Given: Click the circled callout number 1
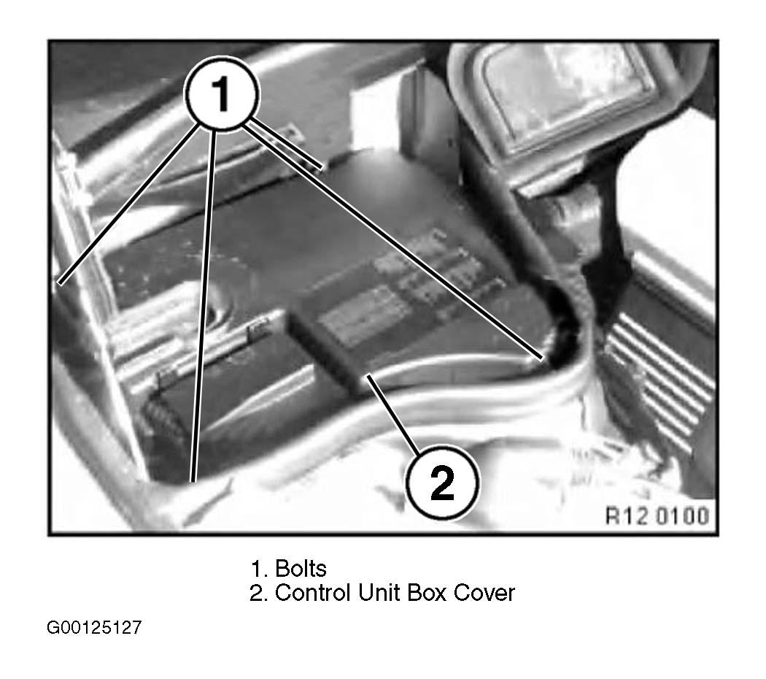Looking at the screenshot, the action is point(222,94).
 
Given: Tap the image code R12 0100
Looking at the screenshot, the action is point(657,515).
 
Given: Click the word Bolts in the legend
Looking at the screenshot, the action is point(301,569).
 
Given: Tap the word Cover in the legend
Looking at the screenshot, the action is point(484,593).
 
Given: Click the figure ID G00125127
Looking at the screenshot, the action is point(94,627).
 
